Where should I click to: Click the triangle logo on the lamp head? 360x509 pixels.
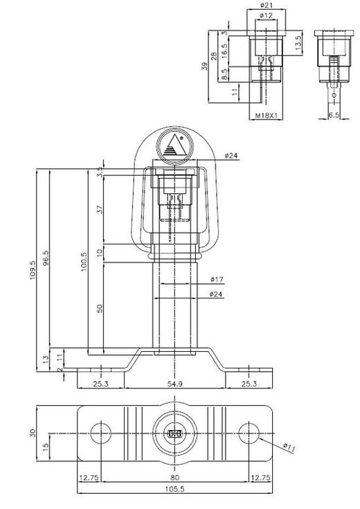click(x=172, y=146)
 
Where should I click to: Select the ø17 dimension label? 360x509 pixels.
click(x=215, y=280)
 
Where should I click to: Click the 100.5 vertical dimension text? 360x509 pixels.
click(x=84, y=261)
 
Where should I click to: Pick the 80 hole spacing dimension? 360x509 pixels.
click(x=172, y=476)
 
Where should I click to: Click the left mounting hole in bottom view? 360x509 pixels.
click(x=101, y=432)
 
